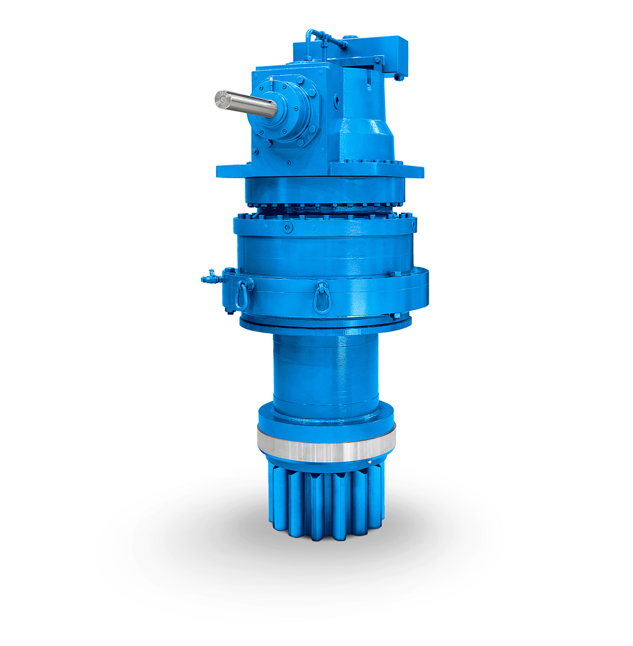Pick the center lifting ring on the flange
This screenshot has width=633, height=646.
(x=322, y=295)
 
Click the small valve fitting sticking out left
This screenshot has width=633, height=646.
(x=209, y=278)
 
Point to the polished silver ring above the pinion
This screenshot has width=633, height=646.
(x=326, y=444)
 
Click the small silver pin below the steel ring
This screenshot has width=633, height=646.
(x=369, y=461)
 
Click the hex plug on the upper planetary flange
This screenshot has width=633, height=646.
(x=289, y=228)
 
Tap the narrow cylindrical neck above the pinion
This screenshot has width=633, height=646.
(x=326, y=371)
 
